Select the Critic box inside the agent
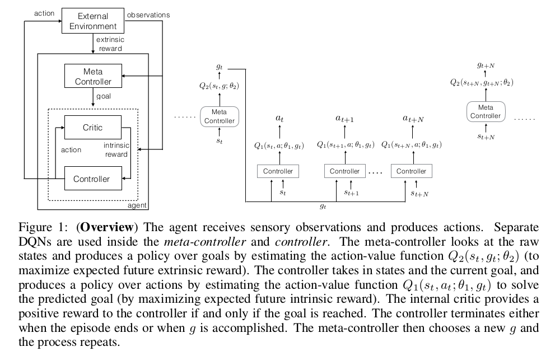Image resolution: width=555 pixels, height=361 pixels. pos(92,128)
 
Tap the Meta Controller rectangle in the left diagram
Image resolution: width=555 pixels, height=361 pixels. pos(92,76)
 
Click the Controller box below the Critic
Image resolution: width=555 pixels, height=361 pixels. pos(92,179)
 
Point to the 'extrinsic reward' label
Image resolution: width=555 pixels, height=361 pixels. pos(110,44)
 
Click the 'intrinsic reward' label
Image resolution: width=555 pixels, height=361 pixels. pos(116,150)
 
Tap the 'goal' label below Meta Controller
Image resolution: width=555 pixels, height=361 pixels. pos(104,96)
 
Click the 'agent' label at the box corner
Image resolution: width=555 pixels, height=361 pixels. pos(137,205)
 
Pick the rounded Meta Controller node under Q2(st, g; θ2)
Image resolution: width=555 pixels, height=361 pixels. pos(219,116)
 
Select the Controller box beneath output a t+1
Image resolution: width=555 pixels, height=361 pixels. pos(344,171)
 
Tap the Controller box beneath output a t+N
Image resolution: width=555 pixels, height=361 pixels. pos(411,171)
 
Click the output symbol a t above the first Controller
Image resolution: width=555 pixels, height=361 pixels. pos(278,119)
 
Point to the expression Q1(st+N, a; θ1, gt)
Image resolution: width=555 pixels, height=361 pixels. pos(411,145)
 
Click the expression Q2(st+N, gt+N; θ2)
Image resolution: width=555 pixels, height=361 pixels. pos(482,82)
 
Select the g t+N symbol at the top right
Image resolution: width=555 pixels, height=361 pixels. pos(486,65)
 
